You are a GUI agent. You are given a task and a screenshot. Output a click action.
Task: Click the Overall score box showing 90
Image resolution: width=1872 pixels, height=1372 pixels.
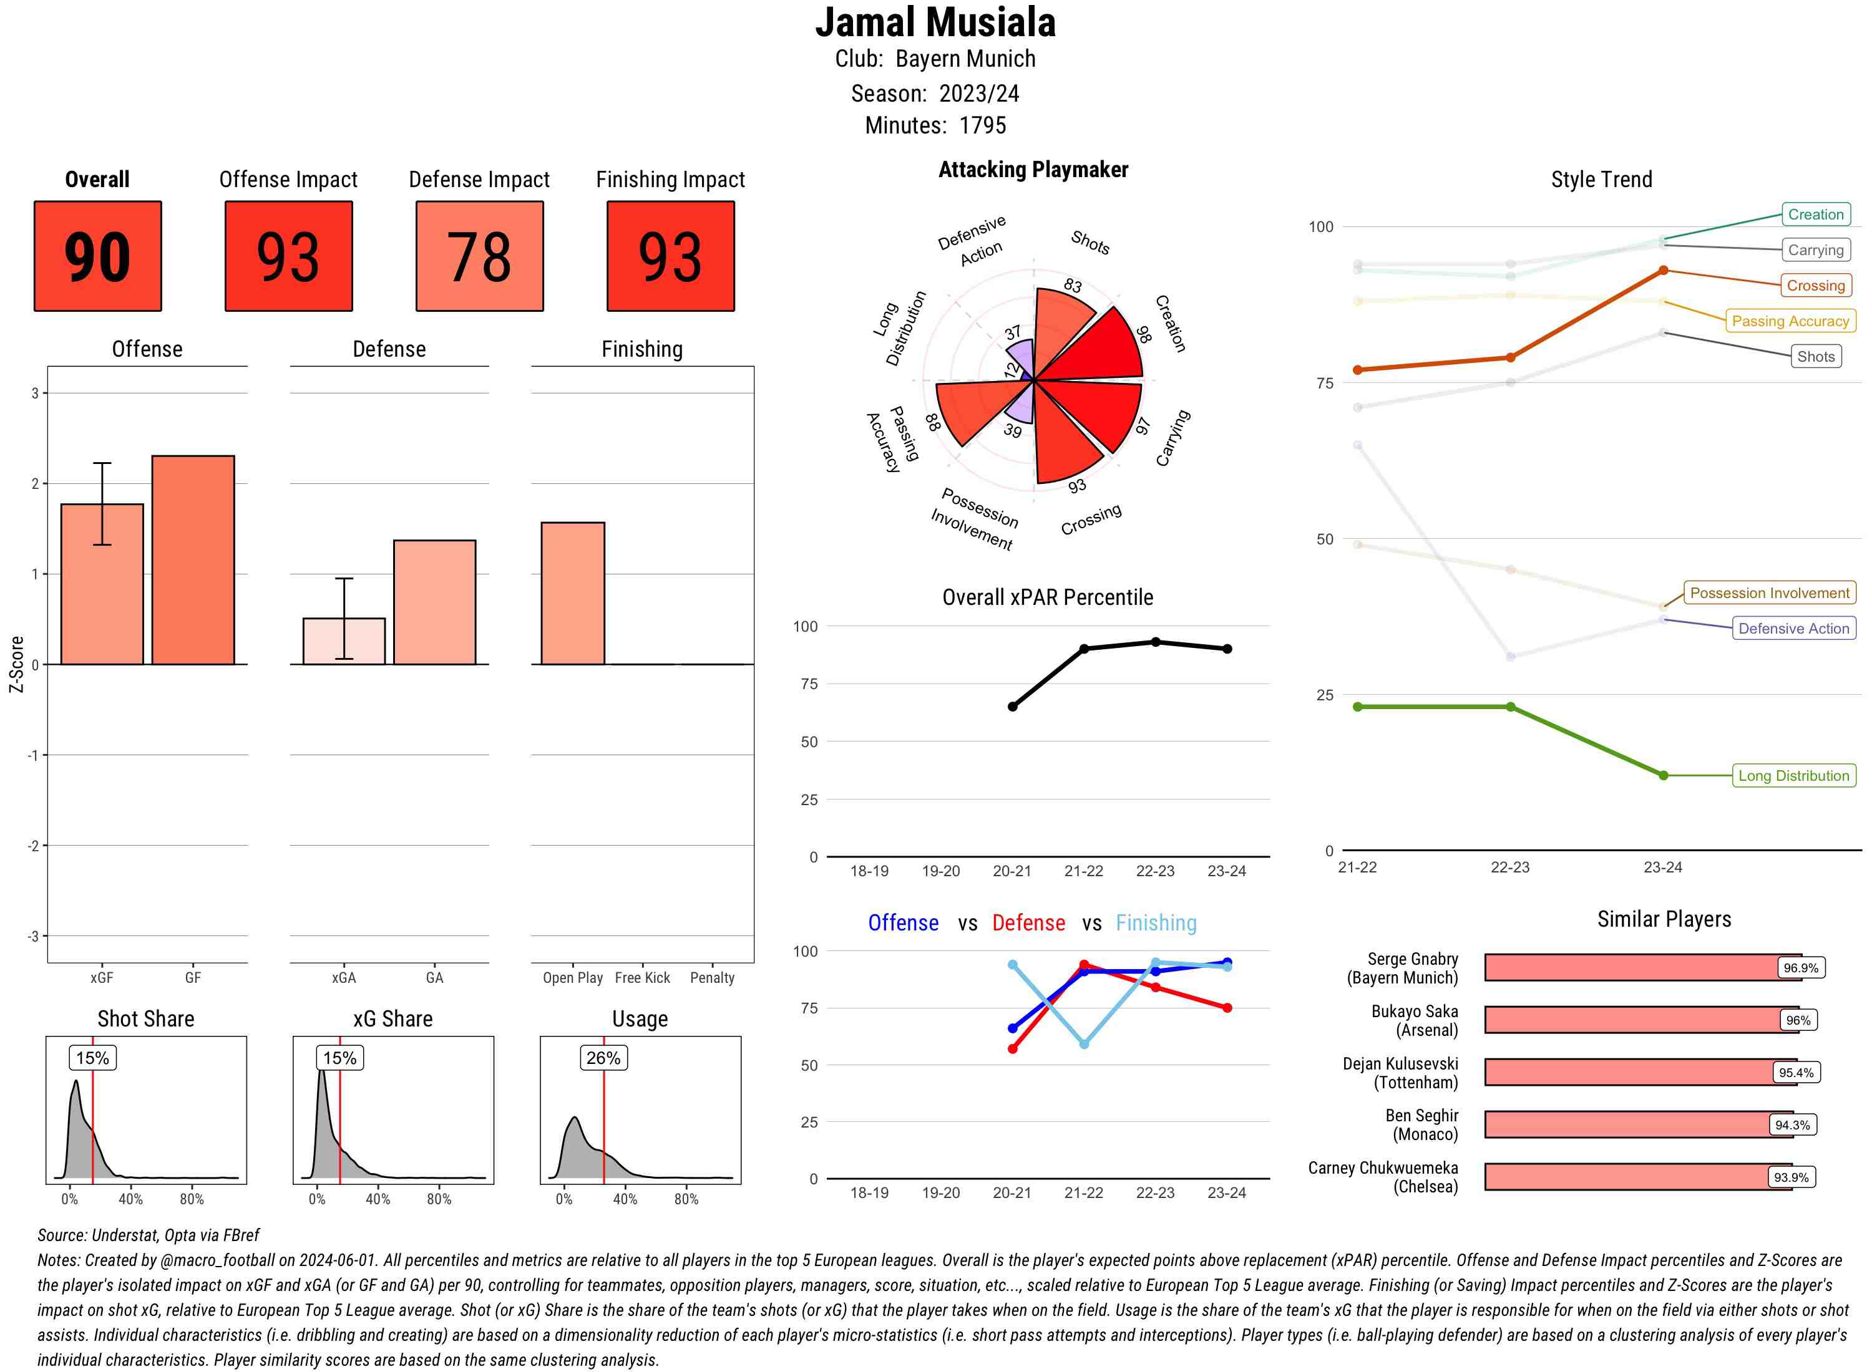(97, 256)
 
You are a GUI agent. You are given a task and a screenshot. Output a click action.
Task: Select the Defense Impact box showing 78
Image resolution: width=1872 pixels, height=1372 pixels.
(479, 256)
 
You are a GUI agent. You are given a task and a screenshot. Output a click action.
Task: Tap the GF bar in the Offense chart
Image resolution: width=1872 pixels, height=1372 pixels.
(193, 560)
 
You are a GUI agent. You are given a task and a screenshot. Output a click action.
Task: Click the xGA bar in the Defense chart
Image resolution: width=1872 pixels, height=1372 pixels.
(344, 641)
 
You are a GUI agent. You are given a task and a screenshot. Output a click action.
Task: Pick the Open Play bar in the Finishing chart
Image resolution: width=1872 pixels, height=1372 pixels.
(572, 593)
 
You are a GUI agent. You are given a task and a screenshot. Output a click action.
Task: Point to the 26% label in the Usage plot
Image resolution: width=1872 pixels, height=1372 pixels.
(603, 1058)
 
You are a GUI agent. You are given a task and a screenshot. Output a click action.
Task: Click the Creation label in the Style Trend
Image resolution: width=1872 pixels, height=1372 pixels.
(1815, 215)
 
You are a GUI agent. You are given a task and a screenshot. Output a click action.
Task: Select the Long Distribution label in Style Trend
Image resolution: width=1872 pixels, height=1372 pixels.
(1793, 776)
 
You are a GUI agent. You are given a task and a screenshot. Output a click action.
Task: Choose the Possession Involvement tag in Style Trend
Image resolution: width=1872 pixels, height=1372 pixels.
(1769, 593)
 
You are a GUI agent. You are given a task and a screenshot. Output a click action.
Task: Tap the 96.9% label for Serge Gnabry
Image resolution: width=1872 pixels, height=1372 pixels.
(1800, 967)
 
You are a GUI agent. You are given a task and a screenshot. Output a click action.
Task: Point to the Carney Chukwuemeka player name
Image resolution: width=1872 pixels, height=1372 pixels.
(1383, 1177)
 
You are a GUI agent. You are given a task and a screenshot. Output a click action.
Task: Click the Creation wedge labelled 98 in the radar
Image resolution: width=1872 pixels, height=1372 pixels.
(1097, 349)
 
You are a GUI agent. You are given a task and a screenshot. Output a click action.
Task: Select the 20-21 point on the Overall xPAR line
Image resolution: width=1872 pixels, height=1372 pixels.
(1012, 707)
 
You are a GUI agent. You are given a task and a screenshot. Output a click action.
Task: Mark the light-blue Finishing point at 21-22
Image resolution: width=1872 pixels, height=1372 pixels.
(1083, 1044)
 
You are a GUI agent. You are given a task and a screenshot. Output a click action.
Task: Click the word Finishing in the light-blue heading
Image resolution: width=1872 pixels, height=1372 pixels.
(1156, 923)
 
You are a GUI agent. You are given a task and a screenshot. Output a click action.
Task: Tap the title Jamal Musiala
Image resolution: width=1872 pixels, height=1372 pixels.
(935, 23)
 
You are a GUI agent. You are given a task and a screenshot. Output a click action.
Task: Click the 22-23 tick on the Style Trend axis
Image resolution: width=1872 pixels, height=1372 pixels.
(1509, 867)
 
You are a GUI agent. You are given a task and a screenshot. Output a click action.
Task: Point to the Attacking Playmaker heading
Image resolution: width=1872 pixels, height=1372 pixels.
(1033, 170)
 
